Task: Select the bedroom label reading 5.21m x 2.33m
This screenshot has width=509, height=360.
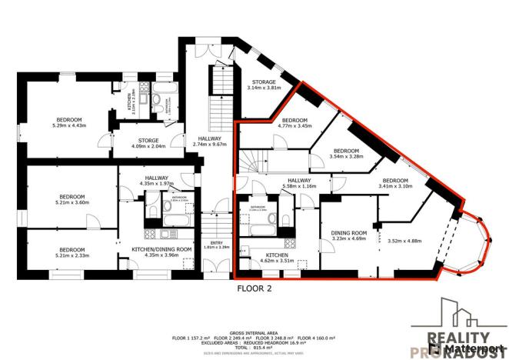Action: point(72,253)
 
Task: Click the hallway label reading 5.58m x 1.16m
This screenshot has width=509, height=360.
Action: point(300,183)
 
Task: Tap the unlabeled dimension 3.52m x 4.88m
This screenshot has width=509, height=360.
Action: point(405,239)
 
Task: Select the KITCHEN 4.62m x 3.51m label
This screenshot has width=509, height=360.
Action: point(277,257)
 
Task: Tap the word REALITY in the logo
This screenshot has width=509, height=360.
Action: point(457,338)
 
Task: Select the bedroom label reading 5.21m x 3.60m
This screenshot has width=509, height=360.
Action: point(72,199)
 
